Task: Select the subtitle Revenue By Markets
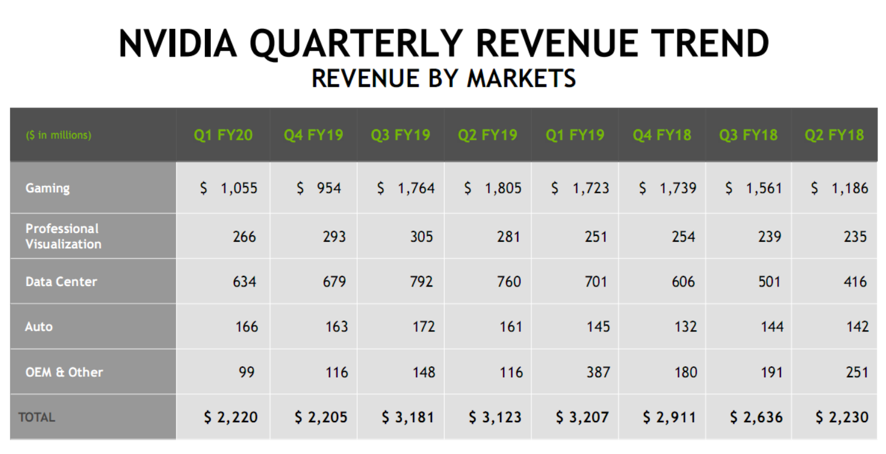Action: coord(443,78)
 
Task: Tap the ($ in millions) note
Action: coord(58,135)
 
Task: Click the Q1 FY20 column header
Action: coord(223,135)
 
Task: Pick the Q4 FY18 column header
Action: coord(662,135)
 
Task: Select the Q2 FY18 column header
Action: coord(834,135)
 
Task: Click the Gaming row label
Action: coord(47,188)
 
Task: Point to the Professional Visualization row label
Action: coord(63,236)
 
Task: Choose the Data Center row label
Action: coord(61,281)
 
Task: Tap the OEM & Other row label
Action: coord(64,372)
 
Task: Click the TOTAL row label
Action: coord(37,417)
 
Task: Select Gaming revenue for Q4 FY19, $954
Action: coord(319,188)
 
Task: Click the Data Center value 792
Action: coord(421,281)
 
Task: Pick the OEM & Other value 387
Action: coord(597,372)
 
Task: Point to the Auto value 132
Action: coord(685,326)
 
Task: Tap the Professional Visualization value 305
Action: coord(421,236)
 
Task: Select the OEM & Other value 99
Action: coord(247,372)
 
